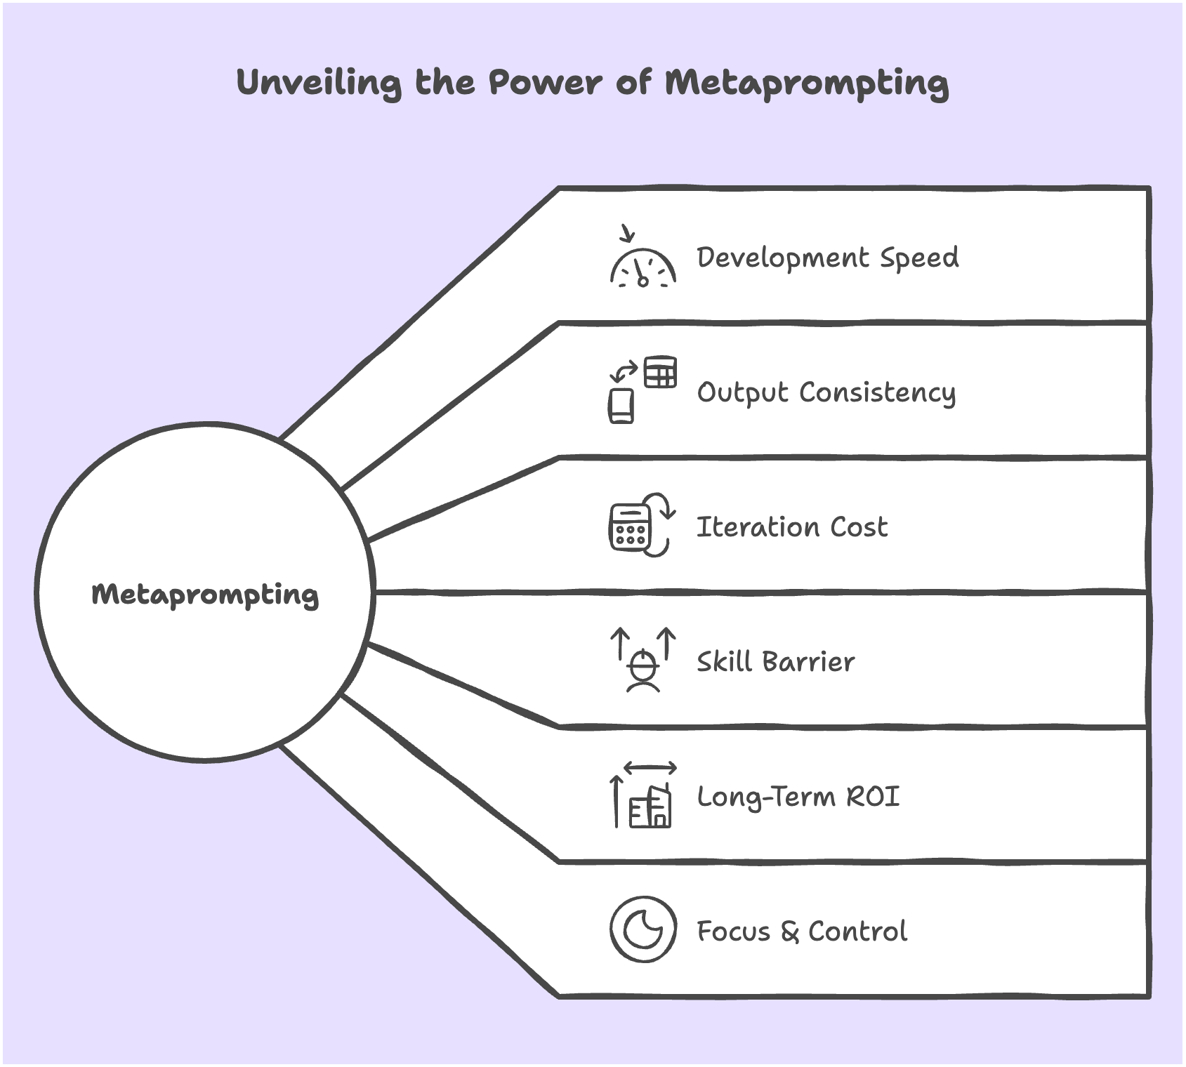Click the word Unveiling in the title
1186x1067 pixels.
(x=319, y=83)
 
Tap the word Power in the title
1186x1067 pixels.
(x=545, y=83)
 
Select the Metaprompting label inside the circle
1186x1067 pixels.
(x=205, y=595)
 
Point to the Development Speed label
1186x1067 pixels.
(x=827, y=258)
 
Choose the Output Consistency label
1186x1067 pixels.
(x=826, y=392)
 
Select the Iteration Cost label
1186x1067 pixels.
(x=791, y=526)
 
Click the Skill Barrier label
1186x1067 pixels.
(x=775, y=661)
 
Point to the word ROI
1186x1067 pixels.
(x=873, y=796)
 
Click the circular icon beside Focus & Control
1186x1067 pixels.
(x=643, y=929)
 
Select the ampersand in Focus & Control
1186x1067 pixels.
(x=789, y=932)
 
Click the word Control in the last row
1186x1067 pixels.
(x=857, y=931)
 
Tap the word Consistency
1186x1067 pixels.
(x=877, y=392)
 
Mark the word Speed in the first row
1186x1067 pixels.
(x=919, y=258)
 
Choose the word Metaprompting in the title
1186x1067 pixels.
(x=807, y=83)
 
